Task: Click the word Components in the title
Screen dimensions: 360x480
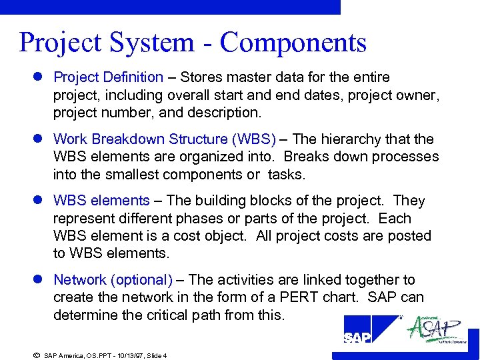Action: pos(293,43)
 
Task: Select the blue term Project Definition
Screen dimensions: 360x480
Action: pos(108,77)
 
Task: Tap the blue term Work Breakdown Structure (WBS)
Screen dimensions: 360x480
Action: pos(164,139)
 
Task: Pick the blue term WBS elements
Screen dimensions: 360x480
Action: pos(101,201)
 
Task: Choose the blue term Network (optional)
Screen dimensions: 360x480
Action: pos(113,280)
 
